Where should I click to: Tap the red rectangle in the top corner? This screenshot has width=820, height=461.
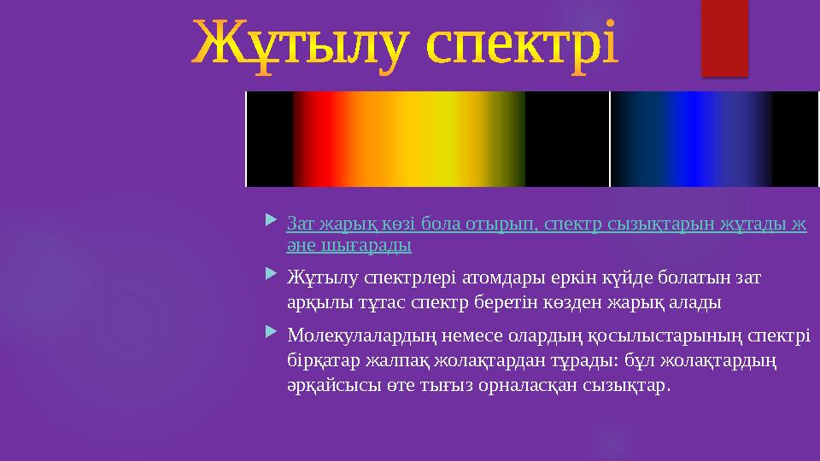[725, 38]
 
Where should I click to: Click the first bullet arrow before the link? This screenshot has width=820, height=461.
[271, 219]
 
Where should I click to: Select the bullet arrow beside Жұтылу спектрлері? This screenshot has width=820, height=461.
[271, 273]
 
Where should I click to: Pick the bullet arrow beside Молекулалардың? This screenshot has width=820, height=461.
[271, 331]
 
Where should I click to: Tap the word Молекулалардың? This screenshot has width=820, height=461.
[361, 335]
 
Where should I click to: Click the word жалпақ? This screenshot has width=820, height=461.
[397, 360]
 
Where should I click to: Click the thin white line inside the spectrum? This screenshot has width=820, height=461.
[610, 139]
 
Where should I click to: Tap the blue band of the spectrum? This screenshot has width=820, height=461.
[691, 139]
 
